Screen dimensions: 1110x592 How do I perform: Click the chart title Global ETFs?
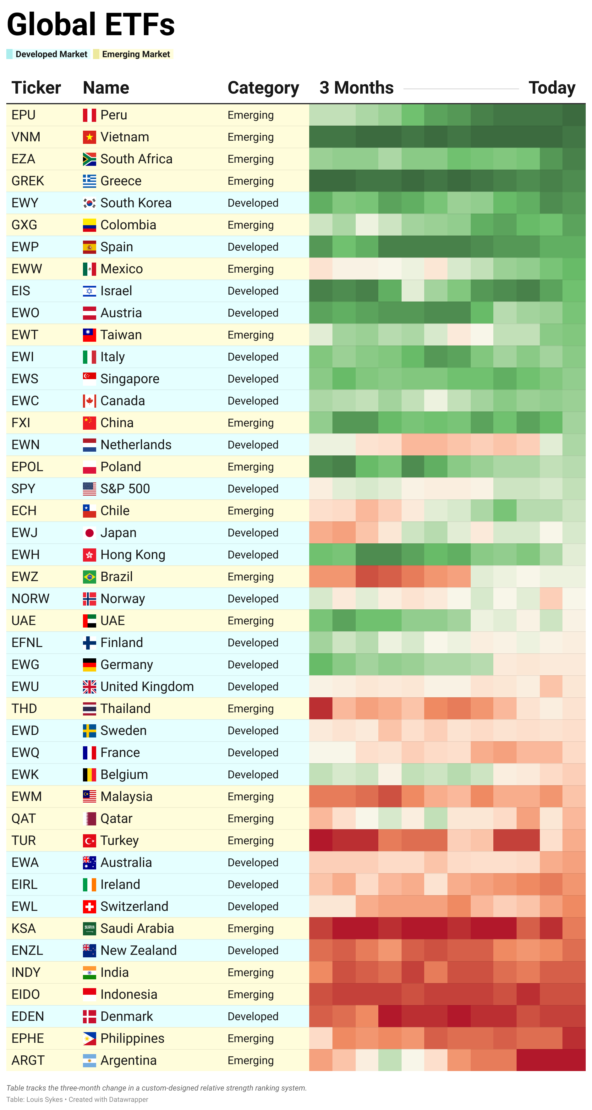[90, 24]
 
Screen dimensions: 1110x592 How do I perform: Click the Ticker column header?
[36, 88]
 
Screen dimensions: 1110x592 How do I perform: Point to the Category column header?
[263, 88]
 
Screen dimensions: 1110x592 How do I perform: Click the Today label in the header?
[551, 88]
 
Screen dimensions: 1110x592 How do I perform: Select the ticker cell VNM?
[26, 137]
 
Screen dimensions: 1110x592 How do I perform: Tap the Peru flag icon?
[89, 115]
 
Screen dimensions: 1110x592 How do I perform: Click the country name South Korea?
[136, 203]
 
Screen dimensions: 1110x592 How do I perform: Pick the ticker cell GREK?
[28, 181]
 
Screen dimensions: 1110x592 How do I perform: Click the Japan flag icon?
[89, 533]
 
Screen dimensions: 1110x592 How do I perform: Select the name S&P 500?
[125, 489]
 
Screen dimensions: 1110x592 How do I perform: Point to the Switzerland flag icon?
[89, 906]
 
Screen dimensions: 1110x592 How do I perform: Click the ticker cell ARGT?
[28, 1060]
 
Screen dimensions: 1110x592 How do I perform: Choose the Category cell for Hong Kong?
[253, 555]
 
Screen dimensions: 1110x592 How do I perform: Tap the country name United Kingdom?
[147, 687]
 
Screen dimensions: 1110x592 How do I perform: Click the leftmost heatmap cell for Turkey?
[321, 841]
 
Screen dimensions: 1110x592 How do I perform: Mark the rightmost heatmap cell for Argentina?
[574, 1060]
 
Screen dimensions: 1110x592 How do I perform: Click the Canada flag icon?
[89, 401]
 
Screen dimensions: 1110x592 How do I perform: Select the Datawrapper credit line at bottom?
[77, 1099]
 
